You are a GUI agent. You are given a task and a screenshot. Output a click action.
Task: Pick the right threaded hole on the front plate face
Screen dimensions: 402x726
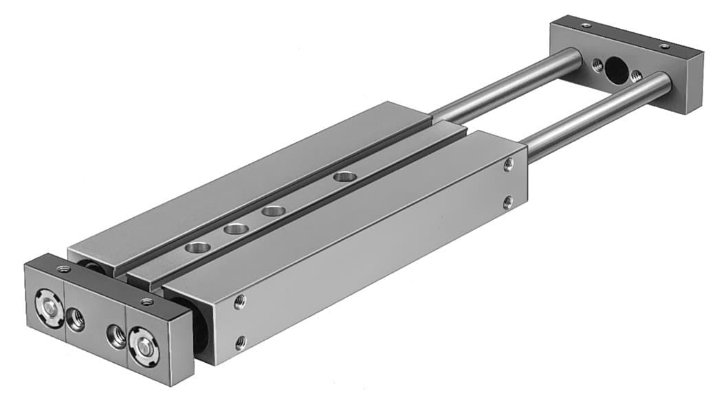coord(115,337)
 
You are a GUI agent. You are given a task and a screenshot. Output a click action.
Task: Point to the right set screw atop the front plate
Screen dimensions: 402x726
coord(146,301)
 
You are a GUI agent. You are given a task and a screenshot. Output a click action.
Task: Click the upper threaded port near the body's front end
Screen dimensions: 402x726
coord(239,300)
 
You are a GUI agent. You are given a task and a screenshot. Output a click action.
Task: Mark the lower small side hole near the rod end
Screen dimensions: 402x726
coord(507,202)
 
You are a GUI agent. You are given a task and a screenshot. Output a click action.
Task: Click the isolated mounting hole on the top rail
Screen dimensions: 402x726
coord(345,177)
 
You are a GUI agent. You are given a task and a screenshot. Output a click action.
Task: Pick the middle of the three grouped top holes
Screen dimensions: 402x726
coord(236,228)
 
